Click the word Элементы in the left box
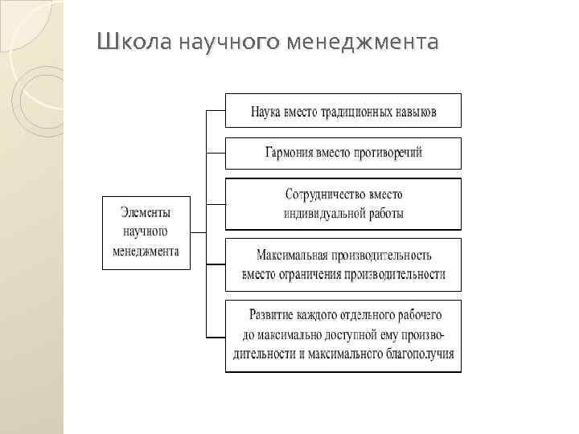146,211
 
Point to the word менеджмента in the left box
146,251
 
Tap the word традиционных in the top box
346,112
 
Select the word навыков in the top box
413,112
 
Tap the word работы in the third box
384,214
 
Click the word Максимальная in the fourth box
291,256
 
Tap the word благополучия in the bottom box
418,354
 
